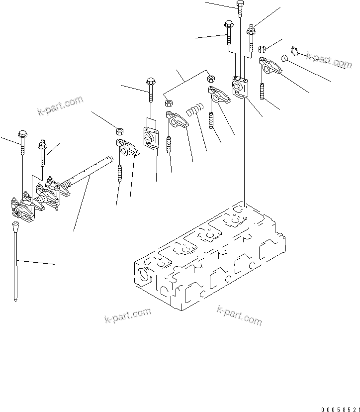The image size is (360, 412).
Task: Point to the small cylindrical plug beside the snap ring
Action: pyautogui.click(x=285, y=58)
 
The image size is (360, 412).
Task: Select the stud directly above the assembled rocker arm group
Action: pyautogui.click(x=43, y=152)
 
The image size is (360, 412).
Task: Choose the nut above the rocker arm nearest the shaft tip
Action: pyautogui.click(x=119, y=131)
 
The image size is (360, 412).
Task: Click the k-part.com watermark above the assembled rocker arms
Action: pyautogui.click(x=60, y=105)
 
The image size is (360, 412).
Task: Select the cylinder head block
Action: pyautogui.click(x=209, y=254)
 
